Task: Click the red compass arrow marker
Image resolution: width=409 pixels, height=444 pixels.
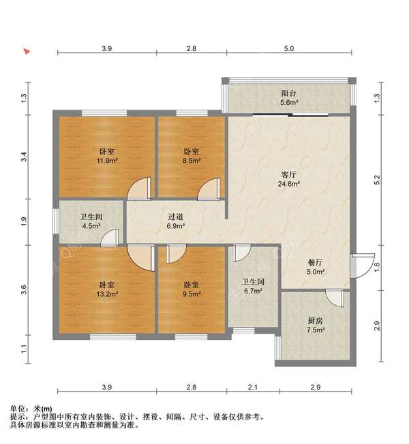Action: tap(27, 51)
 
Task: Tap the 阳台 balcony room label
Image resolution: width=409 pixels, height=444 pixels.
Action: tap(289, 93)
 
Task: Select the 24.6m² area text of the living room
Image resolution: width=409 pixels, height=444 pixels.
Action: tap(289, 184)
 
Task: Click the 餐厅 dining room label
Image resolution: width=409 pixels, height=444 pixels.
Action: tap(316, 262)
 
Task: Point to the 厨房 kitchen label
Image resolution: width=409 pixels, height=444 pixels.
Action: tap(316, 321)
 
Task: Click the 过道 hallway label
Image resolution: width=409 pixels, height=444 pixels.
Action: tap(176, 217)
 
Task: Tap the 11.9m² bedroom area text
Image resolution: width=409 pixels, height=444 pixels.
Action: tap(107, 161)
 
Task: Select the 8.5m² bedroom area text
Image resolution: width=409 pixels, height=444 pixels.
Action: tap(192, 161)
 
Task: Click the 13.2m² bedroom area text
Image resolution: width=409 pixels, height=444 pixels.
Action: tap(107, 294)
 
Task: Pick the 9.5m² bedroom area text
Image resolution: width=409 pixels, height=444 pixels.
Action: tap(192, 294)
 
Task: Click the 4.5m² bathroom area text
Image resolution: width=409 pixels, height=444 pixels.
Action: tap(91, 226)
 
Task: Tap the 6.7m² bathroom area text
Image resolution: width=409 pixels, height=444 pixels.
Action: tap(253, 291)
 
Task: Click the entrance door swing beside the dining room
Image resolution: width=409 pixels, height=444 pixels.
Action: tap(362, 266)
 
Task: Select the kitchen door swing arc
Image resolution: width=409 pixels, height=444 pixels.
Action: tap(335, 298)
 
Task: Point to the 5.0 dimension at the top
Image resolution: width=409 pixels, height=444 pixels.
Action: tap(289, 48)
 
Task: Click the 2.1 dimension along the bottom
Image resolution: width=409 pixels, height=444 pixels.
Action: tap(253, 387)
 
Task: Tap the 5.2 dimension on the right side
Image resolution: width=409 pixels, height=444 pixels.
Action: tap(377, 180)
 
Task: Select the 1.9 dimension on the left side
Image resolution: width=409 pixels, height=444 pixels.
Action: tap(24, 221)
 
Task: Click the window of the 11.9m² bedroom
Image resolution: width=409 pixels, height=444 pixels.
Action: tap(104, 113)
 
